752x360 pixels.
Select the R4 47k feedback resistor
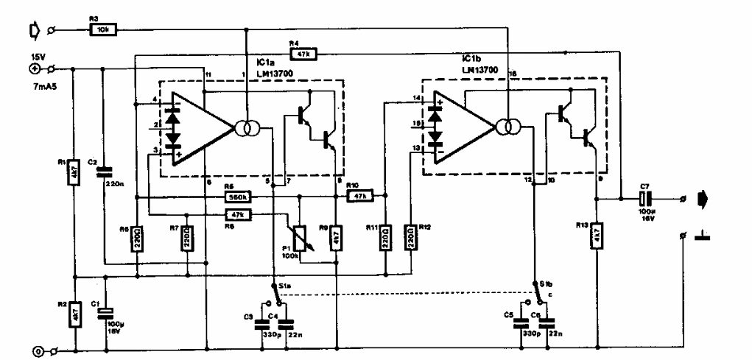[303, 53]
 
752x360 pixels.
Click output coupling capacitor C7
[646, 200]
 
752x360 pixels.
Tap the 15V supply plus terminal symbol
[34, 69]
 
